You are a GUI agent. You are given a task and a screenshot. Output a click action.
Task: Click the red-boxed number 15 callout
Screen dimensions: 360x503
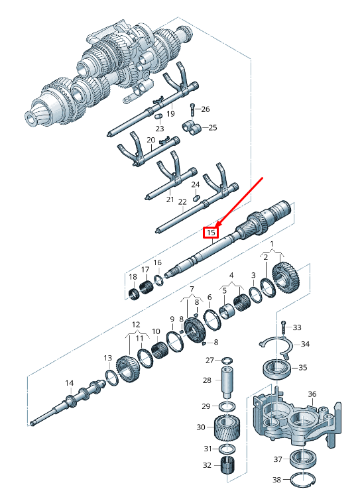click(x=211, y=233)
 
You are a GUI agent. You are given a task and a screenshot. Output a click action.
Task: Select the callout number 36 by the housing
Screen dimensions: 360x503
click(x=312, y=394)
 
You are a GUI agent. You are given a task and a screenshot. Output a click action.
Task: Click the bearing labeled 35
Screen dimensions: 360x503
click(x=277, y=369)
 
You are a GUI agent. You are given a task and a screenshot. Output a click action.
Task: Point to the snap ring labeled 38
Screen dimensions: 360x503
click(x=302, y=480)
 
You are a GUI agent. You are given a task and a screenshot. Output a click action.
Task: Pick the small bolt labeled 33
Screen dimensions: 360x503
click(x=283, y=327)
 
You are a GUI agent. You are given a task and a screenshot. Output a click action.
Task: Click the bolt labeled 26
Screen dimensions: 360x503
click(x=192, y=110)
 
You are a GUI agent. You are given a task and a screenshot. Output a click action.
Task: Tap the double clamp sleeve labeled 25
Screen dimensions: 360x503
click(x=192, y=128)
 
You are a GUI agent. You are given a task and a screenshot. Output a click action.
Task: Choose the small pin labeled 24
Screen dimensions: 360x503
click(x=196, y=196)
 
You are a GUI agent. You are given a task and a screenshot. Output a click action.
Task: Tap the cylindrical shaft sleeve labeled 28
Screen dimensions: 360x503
click(x=227, y=382)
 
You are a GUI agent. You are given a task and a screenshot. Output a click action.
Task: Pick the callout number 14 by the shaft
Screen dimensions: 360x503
click(x=70, y=383)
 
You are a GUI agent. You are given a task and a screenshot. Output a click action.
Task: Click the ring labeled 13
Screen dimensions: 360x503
click(x=111, y=378)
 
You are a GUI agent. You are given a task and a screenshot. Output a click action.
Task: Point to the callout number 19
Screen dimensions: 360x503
click(x=170, y=113)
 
